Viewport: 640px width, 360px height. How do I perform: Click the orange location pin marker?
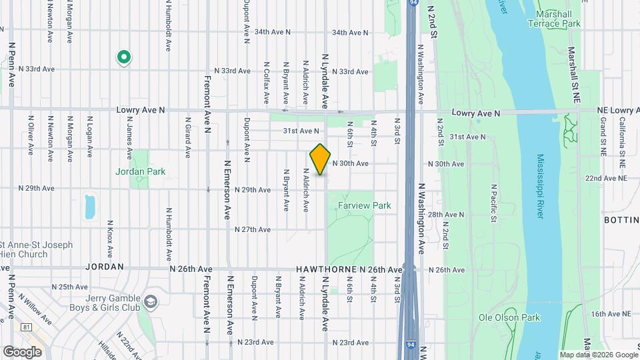tap(321, 159)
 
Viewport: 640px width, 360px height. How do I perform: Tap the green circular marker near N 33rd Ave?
tap(123, 58)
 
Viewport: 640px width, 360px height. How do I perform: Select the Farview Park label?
tap(364, 206)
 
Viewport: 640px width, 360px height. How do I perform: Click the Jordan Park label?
tap(140, 171)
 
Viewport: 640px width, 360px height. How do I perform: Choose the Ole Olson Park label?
tap(509, 317)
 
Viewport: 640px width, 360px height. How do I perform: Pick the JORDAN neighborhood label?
tap(105, 266)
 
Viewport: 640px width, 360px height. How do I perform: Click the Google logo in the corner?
tap(22, 351)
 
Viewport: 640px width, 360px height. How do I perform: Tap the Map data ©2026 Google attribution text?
tap(598, 355)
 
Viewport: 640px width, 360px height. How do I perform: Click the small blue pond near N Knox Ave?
tap(90, 207)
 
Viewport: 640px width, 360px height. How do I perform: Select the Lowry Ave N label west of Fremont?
tap(141, 110)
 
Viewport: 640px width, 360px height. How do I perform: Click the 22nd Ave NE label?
tap(607, 179)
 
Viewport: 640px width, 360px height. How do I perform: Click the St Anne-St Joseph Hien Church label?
tap(25, 249)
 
